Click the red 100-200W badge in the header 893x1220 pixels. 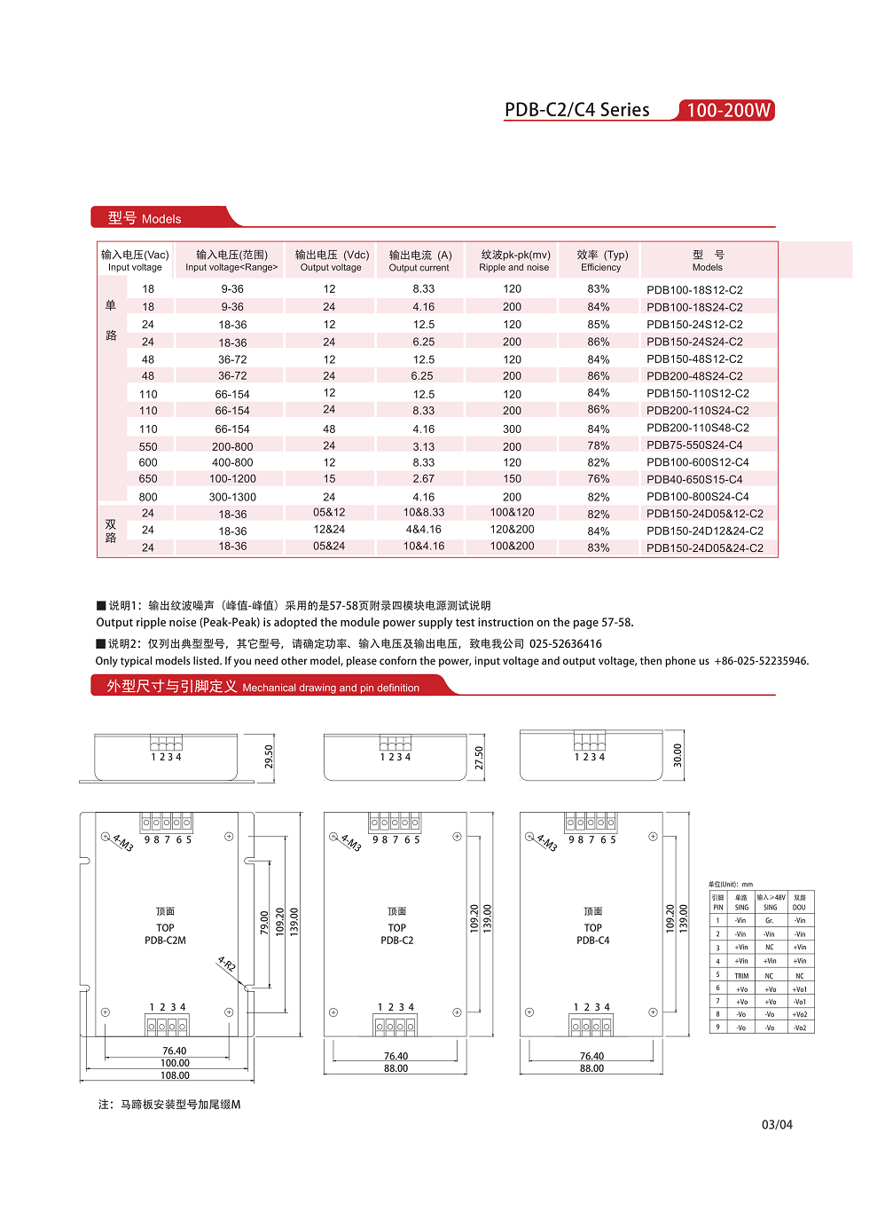pyautogui.click(x=727, y=110)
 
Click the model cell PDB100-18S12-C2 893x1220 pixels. pyautogui.click(x=694, y=290)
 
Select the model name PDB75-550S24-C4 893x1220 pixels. pyautogui.click(x=694, y=445)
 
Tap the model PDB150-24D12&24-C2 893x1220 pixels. pyautogui.click(x=704, y=531)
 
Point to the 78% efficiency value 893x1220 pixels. pyautogui.click(x=599, y=445)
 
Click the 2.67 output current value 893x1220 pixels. pyautogui.click(x=424, y=479)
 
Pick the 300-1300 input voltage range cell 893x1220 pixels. pyautogui.click(x=232, y=498)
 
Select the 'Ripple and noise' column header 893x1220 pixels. pyautogui.click(x=514, y=261)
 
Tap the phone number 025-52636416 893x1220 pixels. pyautogui.click(x=565, y=644)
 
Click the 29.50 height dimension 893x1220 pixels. pyautogui.click(x=269, y=756)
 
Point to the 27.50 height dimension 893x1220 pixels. pyautogui.click(x=479, y=757)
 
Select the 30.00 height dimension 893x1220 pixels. pyautogui.click(x=678, y=755)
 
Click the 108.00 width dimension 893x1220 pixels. pyautogui.click(x=175, y=1075)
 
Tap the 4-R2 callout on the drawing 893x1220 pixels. pyautogui.click(x=227, y=964)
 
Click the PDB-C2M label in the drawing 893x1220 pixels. pyautogui.click(x=165, y=941)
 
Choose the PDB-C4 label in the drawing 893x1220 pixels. pyautogui.click(x=592, y=941)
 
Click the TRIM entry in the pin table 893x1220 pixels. pyautogui.click(x=741, y=976)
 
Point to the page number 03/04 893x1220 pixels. pyautogui.click(x=777, y=1125)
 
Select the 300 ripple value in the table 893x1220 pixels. pyautogui.click(x=513, y=429)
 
